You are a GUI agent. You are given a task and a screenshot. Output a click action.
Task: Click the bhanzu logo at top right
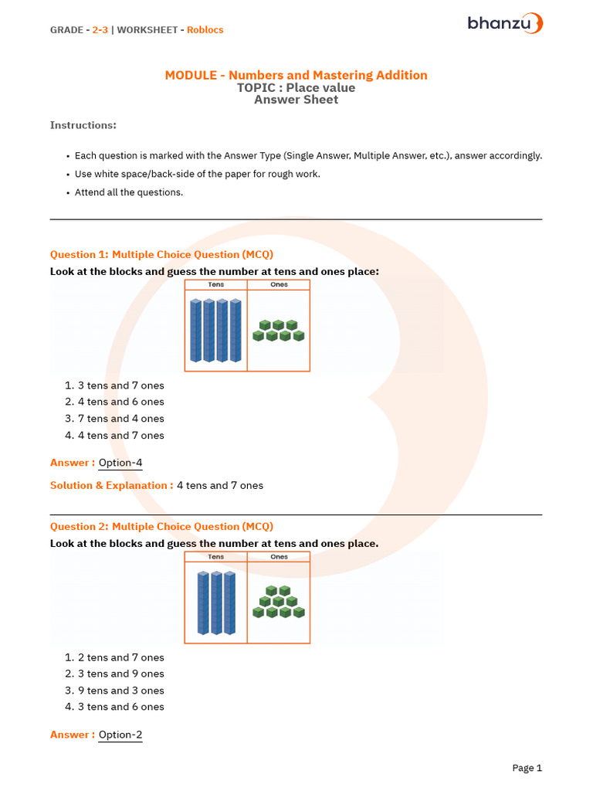(x=505, y=23)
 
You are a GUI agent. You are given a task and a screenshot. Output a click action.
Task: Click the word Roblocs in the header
(x=205, y=30)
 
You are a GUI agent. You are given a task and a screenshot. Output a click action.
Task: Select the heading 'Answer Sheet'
(x=296, y=100)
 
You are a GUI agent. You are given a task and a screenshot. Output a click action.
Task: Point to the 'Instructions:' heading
(x=83, y=125)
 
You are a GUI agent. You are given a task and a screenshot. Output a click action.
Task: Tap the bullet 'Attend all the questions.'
(x=129, y=192)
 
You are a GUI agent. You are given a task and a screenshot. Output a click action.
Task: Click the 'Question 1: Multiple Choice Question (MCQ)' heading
(x=161, y=254)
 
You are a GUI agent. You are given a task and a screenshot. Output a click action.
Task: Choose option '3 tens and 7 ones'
(x=120, y=385)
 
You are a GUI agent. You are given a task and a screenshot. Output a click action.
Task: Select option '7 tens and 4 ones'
(x=120, y=419)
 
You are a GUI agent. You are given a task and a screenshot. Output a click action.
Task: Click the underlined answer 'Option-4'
(x=120, y=463)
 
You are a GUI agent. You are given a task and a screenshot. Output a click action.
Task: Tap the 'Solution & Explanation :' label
(x=111, y=486)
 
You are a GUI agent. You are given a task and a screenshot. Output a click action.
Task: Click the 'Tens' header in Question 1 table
(x=216, y=285)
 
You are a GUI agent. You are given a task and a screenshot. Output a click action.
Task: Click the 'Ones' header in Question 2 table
(x=279, y=557)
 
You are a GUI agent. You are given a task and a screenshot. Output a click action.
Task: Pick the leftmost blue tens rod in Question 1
(x=195, y=331)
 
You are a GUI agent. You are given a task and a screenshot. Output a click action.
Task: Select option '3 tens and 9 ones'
(x=120, y=674)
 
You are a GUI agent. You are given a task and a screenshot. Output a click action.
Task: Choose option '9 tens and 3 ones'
(x=120, y=691)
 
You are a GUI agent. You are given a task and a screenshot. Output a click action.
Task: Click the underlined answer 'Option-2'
(x=120, y=735)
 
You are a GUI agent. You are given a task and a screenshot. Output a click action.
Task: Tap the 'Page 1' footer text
(x=527, y=768)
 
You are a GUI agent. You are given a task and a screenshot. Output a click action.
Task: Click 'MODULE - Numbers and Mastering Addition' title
(x=296, y=75)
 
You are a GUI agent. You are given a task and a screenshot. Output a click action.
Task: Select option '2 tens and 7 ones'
(x=120, y=657)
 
